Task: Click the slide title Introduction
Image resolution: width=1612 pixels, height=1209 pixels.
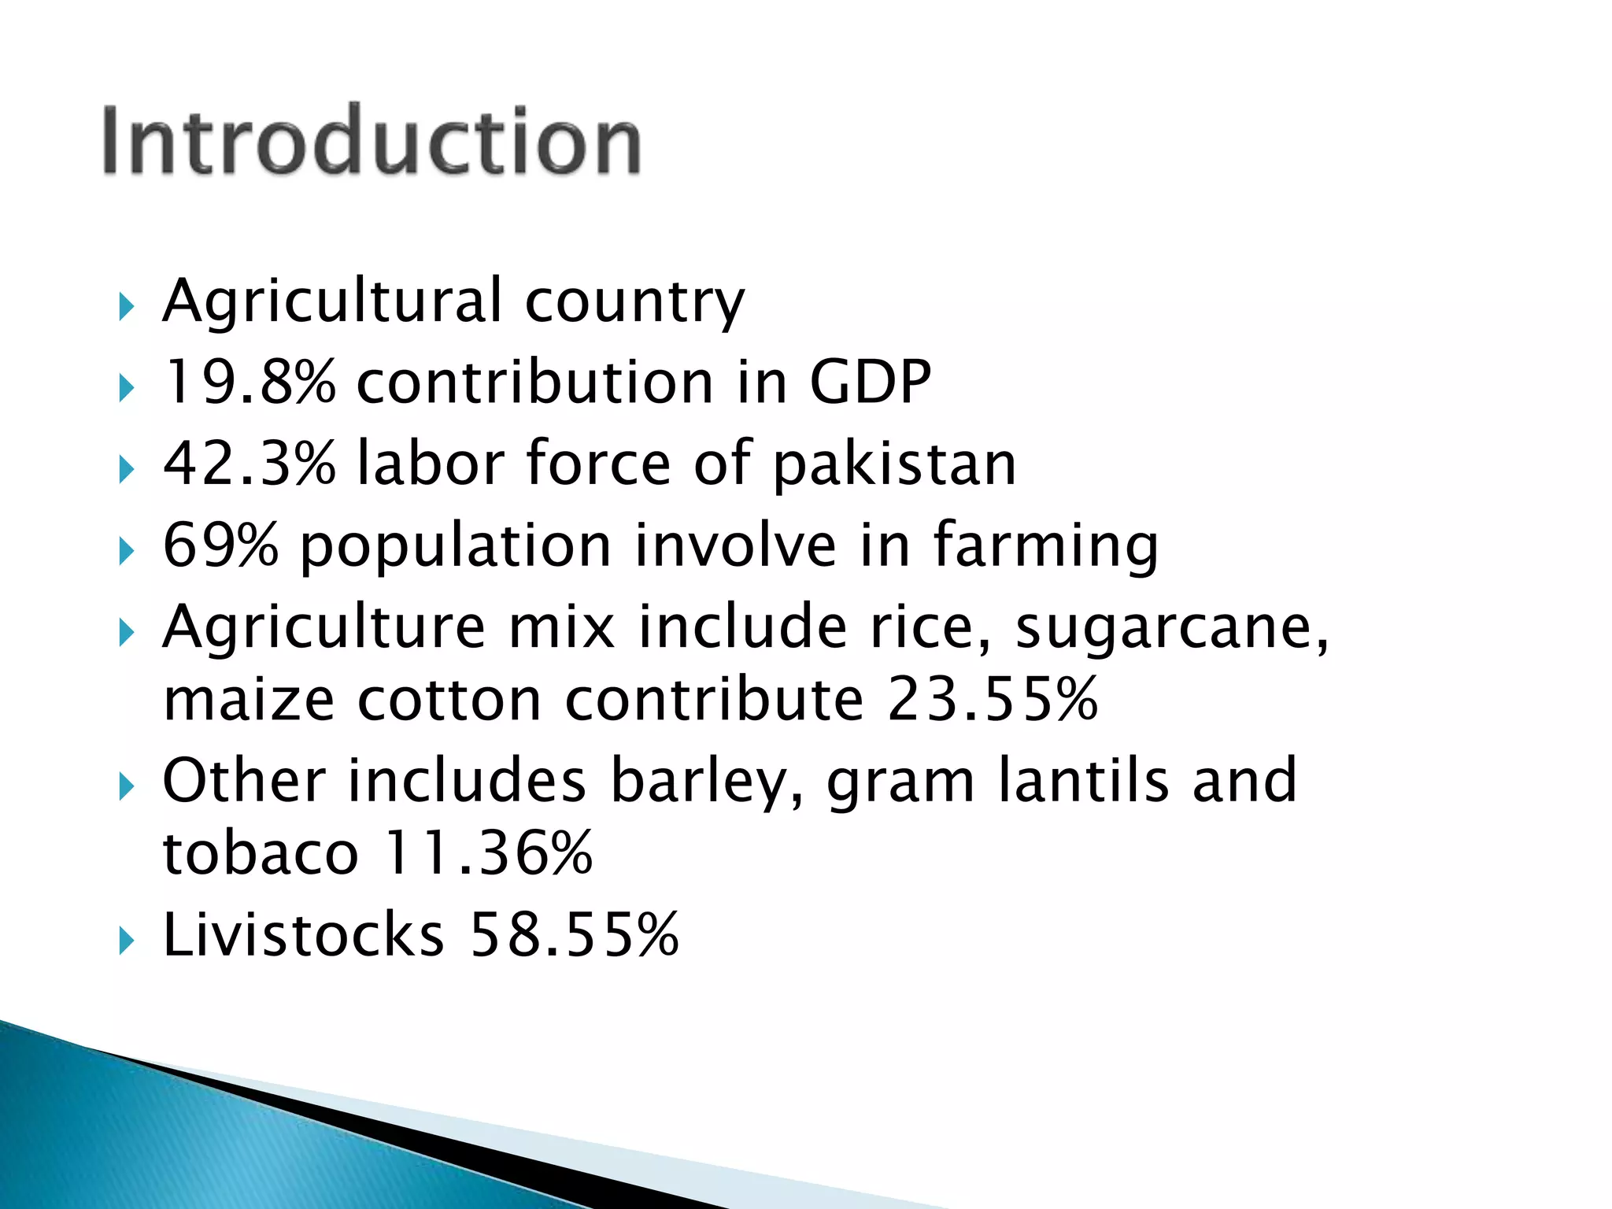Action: click(372, 142)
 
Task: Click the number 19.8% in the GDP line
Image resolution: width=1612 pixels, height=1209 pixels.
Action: click(250, 383)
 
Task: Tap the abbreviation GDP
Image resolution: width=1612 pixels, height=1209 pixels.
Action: click(870, 383)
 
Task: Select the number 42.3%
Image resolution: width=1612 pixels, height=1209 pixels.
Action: click(250, 464)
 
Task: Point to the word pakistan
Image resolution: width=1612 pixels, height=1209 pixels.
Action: click(894, 465)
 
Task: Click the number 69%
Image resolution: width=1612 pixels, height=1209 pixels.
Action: click(220, 545)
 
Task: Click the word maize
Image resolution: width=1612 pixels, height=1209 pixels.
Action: click(249, 700)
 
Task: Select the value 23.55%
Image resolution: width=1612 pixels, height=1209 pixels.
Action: click(993, 698)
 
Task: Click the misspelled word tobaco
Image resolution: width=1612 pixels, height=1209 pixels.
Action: click(261, 853)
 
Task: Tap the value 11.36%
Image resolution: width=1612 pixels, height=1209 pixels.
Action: click(488, 853)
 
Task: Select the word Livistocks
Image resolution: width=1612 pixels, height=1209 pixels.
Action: click(303, 935)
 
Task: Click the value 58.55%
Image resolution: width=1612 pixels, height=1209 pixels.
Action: click(575, 935)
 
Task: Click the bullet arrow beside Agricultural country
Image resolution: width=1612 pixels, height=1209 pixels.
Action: click(126, 306)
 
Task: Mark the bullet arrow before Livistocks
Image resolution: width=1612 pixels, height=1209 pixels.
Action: click(126, 941)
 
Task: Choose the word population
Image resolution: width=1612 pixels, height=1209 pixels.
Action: click(456, 546)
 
